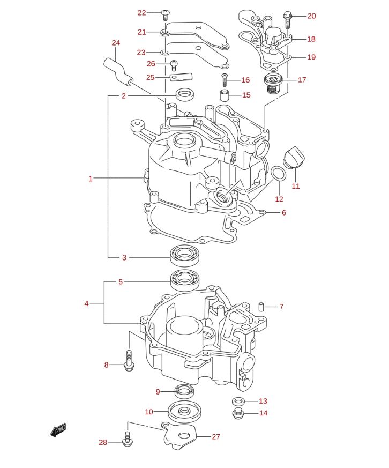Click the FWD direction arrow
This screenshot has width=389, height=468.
(x=58, y=429)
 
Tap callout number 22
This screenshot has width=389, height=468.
(x=141, y=13)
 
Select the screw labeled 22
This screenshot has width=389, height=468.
(x=166, y=13)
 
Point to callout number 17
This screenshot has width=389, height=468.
(x=302, y=80)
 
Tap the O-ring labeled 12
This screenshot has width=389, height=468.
(x=278, y=174)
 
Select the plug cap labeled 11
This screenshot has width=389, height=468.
(x=294, y=158)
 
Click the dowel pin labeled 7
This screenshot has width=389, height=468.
(x=262, y=307)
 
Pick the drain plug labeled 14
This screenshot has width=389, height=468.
(x=238, y=413)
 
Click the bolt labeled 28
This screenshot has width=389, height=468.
(x=127, y=438)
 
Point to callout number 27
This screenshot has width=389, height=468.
(x=215, y=437)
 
